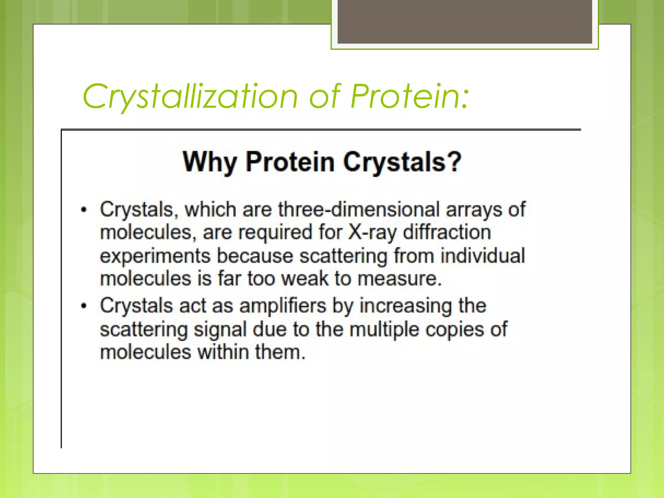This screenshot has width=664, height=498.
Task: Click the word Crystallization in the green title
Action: [190, 97]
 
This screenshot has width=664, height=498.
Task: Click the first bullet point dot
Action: [84, 210]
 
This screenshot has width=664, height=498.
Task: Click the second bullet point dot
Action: [84, 306]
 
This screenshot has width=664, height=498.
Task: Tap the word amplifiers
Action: [282, 306]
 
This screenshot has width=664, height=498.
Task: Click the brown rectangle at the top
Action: [465, 21]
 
